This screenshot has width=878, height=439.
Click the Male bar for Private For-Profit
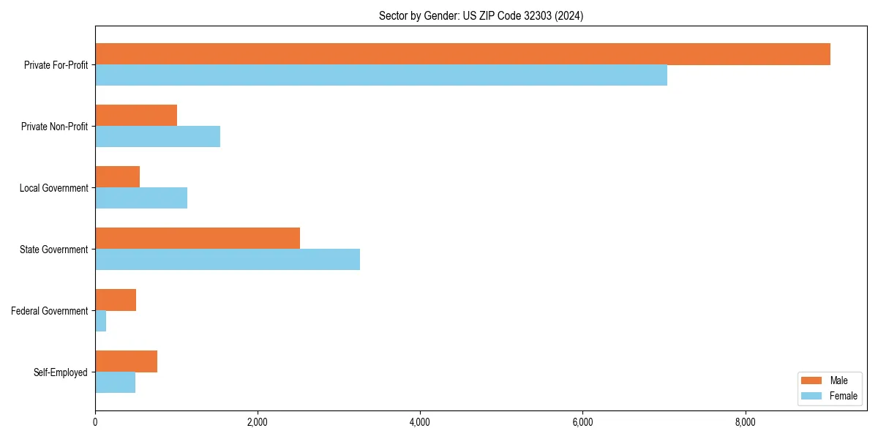pos(462,54)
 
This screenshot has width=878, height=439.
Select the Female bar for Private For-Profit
pos(381,75)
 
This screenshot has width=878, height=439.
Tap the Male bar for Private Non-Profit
pos(136,116)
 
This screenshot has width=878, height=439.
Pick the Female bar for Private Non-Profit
pos(157,137)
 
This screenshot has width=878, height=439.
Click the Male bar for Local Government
pos(117,177)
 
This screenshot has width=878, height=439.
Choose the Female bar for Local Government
pos(141,198)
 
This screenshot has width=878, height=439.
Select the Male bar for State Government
pos(198,239)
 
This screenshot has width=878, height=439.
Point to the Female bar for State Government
pos(228,260)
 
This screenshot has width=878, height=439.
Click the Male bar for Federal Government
pos(116,300)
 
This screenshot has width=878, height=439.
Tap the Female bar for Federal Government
pos(101,321)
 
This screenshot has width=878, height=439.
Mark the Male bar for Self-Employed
pos(126,361)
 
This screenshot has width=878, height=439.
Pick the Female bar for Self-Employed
pos(115,383)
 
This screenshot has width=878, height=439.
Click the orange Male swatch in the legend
pos(812,380)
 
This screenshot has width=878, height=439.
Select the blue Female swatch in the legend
pos(812,396)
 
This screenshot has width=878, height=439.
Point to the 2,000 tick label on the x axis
pos(258,422)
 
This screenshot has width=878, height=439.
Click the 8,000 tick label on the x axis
pos(745,422)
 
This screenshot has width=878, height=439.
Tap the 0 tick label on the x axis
pos(95,422)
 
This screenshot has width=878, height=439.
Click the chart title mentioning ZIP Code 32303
pos(481,15)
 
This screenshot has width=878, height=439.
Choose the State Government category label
pos(53,249)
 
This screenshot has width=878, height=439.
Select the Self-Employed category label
pos(60,372)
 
